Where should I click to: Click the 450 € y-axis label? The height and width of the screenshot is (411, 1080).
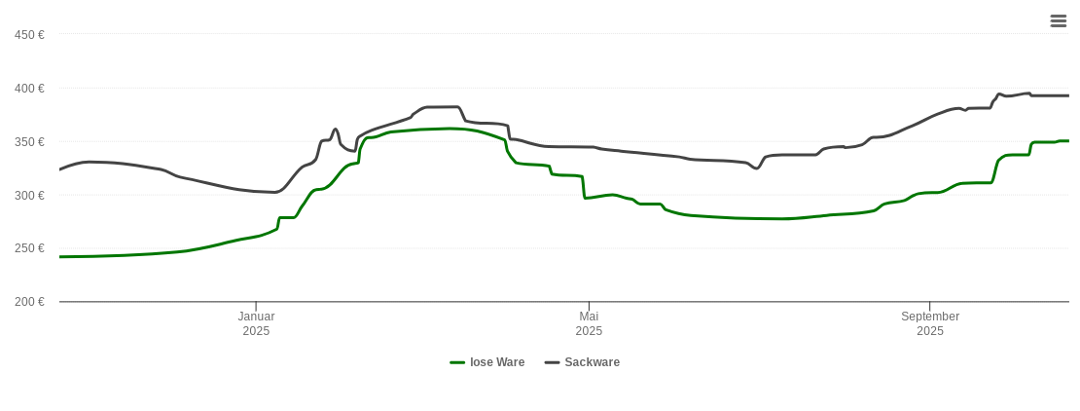(29, 35)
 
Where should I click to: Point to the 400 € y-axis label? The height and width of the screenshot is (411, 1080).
(29, 89)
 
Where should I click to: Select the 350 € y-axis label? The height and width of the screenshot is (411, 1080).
(29, 142)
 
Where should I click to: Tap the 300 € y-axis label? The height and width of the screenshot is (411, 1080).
(29, 196)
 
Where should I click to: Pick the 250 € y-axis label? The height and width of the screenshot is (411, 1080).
(29, 248)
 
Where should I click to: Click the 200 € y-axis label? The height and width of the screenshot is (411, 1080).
(29, 302)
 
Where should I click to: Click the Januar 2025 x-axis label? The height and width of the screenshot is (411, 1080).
(256, 323)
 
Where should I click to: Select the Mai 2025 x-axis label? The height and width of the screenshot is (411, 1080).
(589, 323)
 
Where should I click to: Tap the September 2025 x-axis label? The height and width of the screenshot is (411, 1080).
(930, 323)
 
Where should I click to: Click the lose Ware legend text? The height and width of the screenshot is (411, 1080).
(497, 362)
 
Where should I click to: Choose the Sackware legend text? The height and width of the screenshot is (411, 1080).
(592, 362)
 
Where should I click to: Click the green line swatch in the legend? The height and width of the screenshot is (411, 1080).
(457, 362)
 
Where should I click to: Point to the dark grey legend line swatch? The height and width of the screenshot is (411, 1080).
(552, 362)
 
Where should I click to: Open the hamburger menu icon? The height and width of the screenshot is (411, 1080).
(1059, 20)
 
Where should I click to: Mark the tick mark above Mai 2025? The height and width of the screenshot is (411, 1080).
(589, 307)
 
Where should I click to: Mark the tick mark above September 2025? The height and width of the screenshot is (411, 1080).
(930, 307)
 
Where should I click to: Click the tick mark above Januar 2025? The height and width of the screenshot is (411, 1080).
(256, 307)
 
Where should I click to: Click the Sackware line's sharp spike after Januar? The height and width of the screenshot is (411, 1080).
(336, 129)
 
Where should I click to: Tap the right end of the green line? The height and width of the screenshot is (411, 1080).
(1068, 141)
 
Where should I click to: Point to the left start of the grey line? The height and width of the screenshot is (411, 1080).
(60, 169)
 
